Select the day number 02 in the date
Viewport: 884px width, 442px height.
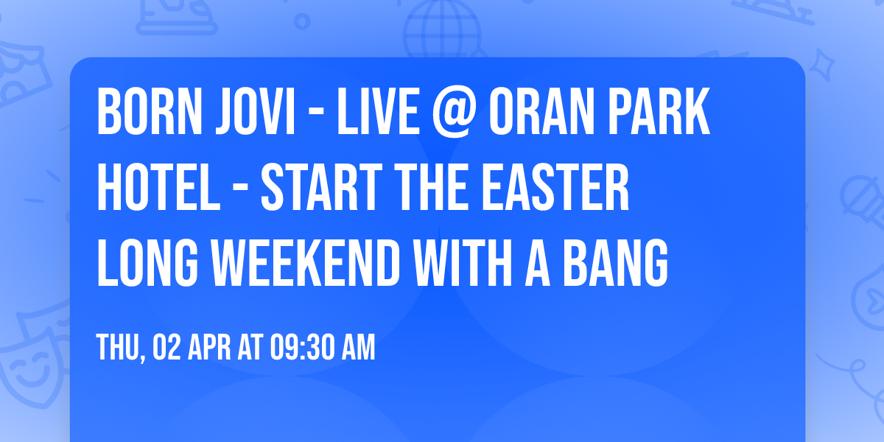(164, 348)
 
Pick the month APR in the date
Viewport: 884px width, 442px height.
(207, 348)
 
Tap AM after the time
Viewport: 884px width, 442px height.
(357, 348)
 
